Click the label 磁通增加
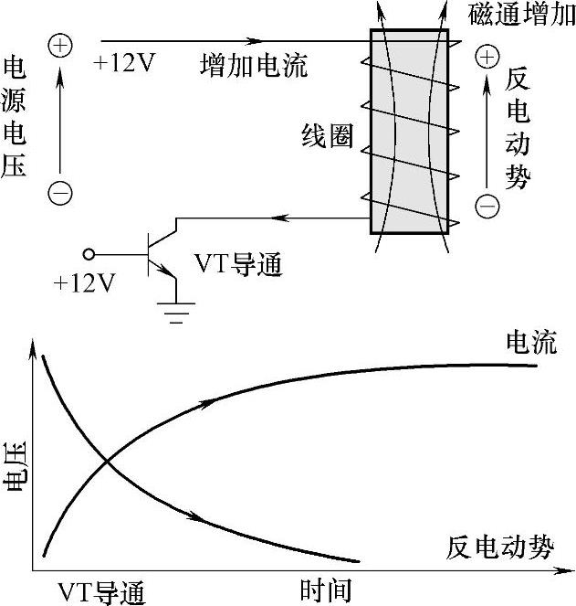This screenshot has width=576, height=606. (x=522, y=15)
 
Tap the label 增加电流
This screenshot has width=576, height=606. (x=254, y=66)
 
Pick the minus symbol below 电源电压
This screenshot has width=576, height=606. (x=60, y=194)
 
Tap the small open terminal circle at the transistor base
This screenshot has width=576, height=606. (x=89, y=255)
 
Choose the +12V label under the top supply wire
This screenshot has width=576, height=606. (x=124, y=66)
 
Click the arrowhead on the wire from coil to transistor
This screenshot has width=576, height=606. (x=283, y=218)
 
